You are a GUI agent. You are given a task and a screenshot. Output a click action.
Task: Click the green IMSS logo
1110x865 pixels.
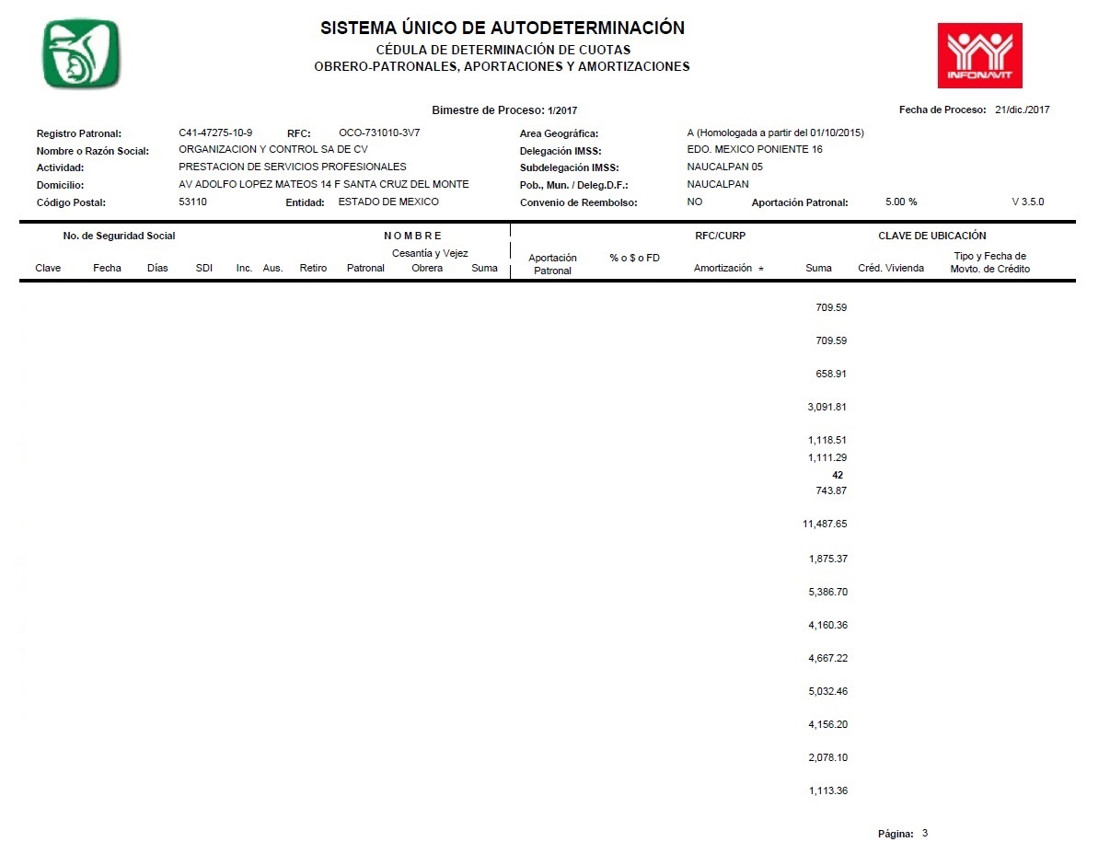[x=82, y=53]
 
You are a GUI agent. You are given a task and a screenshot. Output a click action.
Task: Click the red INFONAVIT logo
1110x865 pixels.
[x=979, y=55]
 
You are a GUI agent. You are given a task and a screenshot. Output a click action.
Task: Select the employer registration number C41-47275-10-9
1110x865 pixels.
[x=215, y=133]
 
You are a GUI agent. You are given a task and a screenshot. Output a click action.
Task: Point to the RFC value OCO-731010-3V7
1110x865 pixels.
[x=379, y=133]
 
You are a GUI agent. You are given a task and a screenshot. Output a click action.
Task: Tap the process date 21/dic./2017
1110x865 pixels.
[x=1022, y=110]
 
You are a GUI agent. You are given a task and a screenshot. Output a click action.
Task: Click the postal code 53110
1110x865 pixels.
[x=192, y=202]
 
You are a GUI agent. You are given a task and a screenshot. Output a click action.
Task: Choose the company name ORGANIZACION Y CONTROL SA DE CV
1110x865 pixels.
[x=272, y=150]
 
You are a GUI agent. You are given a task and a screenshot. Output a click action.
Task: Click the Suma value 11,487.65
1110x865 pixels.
[x=825, y=524]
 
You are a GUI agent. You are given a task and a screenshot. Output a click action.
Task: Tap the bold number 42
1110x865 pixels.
[x=837, y=475]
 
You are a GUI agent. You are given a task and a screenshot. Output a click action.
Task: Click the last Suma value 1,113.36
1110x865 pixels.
[x=827, y=790]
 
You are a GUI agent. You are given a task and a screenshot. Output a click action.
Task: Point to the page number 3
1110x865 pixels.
[x=925, y=833]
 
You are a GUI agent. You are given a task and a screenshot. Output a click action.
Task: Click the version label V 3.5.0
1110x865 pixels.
[x=1027, y=202]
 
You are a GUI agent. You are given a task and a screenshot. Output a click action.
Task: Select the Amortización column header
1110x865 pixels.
[x=723, y=269]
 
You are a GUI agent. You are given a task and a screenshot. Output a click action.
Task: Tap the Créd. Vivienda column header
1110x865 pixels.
[x=890, y=269]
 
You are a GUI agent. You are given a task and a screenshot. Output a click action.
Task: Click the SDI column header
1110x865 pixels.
[x=204, y=269]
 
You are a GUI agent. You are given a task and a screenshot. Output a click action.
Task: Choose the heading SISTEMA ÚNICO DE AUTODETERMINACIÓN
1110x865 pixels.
[x=503, y=29]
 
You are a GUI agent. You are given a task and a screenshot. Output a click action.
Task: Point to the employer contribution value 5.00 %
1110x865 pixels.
[x=900, y=202]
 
